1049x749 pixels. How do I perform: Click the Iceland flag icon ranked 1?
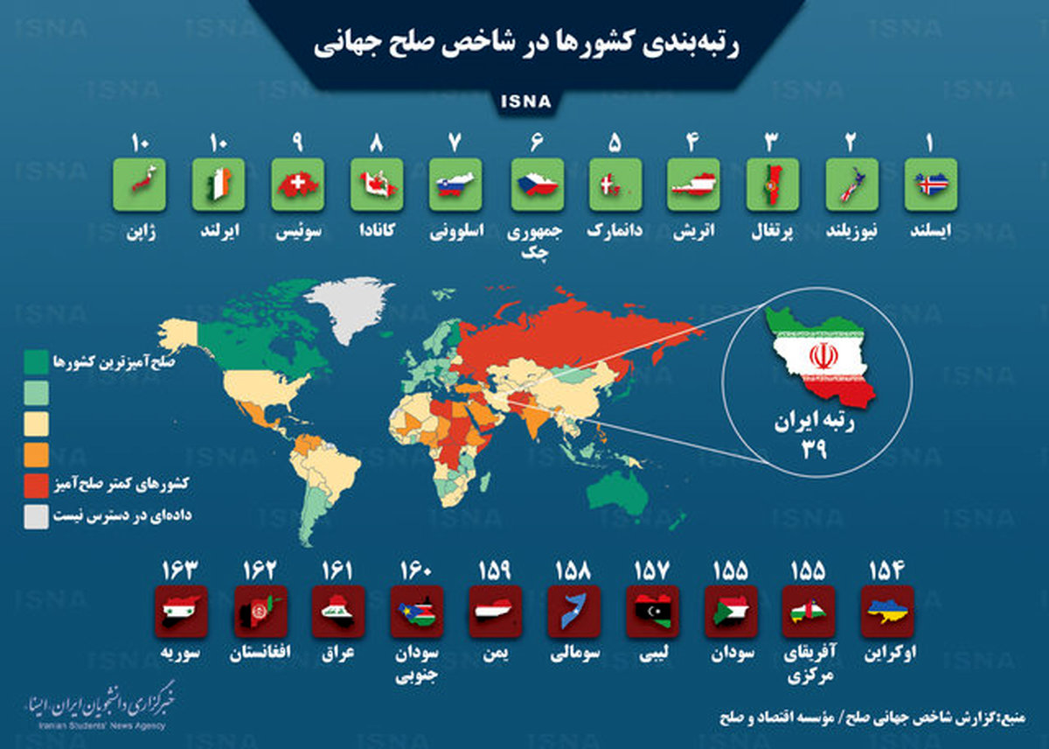tap(931, 184)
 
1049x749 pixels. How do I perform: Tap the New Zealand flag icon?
tap(851, 184)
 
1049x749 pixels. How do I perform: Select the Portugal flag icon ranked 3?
tap(773, 184)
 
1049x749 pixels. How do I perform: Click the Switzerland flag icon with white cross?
tap(297, 184)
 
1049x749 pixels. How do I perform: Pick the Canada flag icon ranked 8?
tap(377, 184)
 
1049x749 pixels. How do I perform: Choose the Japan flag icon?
tap(141, 184)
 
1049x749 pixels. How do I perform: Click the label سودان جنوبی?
tap(417, 663)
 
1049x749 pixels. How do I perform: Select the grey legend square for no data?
tap(35, 516)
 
